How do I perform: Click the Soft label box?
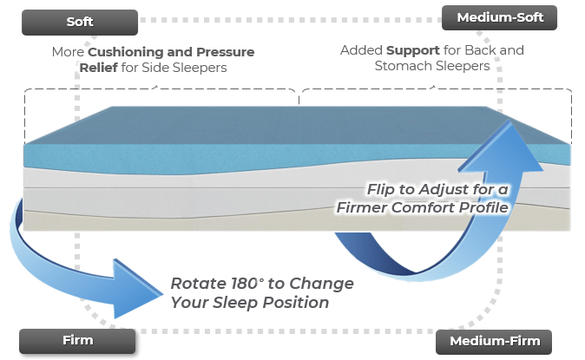pyautogui.click(x=80, y=22)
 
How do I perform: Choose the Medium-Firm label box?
pyautogui.click(x=494, y=341)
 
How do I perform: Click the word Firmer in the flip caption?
pyautogui.click(x=368, y=208)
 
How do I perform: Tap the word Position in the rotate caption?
pyautogui.click(x=300, y=303)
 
